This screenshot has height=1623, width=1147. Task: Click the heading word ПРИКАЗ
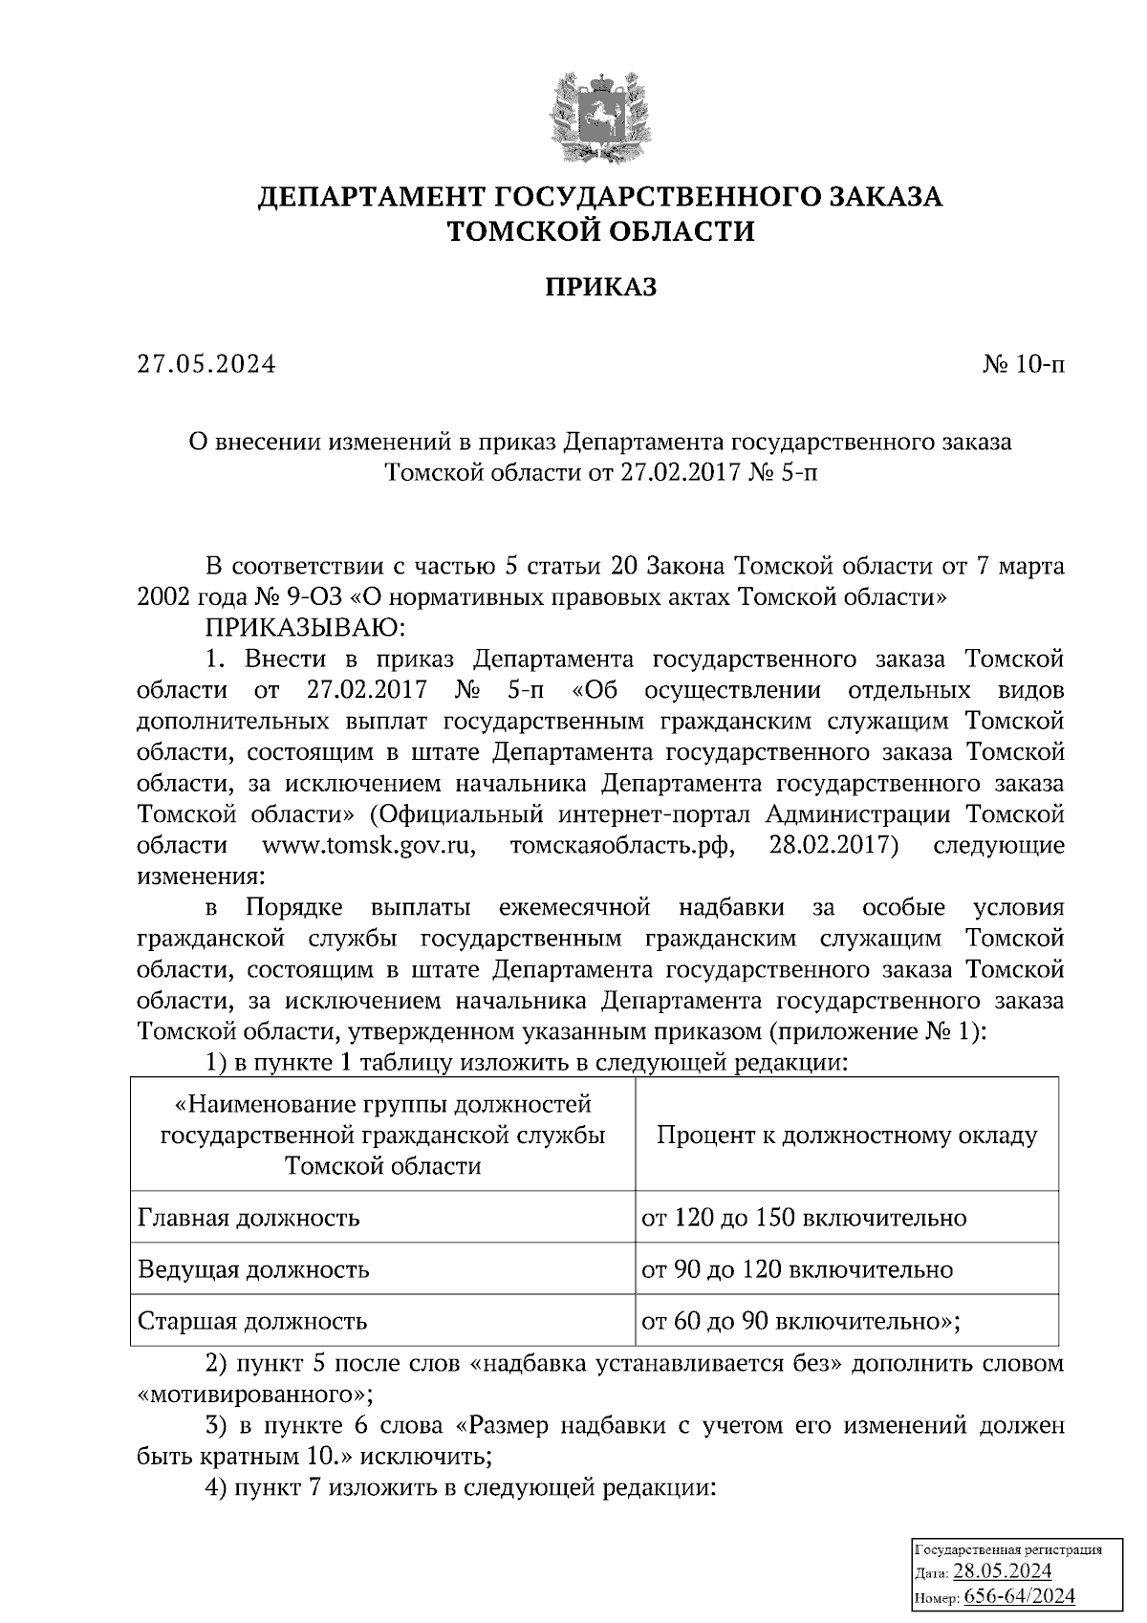(x=600, y=287)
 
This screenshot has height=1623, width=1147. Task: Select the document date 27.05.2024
(x=206, y=364)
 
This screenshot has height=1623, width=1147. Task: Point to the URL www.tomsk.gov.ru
(x=369, y=845)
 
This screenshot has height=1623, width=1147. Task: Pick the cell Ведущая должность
(x=253, y=1269)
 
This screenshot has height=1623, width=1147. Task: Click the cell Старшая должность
(x=252, y=1321)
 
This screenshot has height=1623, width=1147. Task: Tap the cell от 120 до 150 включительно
(x=803, y=1218)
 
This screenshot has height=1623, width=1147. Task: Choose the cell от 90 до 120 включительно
(x=796, y=1269)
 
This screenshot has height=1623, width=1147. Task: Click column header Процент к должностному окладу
(x=846, y=1136)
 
